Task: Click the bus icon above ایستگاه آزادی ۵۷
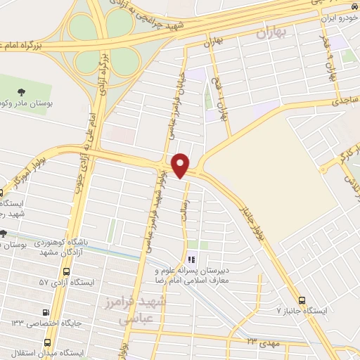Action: (x=66, y=271)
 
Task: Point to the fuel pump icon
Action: (x=46, y=313)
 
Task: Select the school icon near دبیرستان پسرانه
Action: (x=192, y=259)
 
